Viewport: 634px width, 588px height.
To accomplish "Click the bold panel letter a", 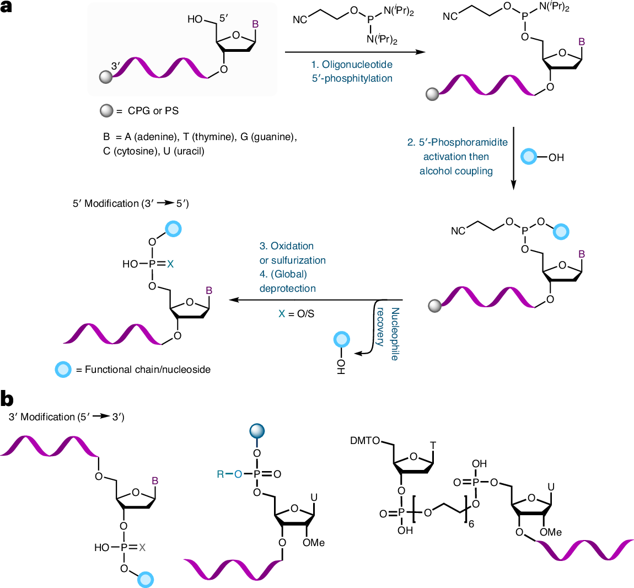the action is (x=6, y=7).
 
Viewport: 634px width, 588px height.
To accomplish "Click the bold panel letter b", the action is (x=7, y=399).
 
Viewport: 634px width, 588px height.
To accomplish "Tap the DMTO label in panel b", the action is (x=365, y=440).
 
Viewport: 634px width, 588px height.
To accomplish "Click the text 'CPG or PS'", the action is (x=153, y=111).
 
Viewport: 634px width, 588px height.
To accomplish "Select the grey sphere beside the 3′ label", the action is (x=106, y=77).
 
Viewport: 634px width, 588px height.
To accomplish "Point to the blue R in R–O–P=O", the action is (x=221, y=474).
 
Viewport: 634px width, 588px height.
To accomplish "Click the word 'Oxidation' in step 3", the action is (x=292, y=246).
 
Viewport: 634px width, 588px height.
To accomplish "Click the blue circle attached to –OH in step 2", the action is (x=528, y=157).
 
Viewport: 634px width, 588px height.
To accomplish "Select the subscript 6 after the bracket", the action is (x=471, y=524).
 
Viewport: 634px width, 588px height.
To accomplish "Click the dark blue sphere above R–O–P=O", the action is (x=257, y=431).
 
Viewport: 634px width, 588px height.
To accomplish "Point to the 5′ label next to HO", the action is (x=224, y=18).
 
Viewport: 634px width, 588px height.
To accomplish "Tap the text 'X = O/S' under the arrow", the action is (x=297, y=314).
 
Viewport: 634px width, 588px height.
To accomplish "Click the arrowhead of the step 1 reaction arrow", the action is (x=421, y=52).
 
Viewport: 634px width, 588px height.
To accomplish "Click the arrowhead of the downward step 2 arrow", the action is (x=513, y=185).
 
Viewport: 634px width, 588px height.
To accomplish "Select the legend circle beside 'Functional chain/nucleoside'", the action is (x=63, y=369).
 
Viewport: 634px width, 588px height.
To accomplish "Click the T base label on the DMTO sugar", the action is (x=433, y=446).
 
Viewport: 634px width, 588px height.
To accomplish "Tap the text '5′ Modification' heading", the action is (x=105, y=204).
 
